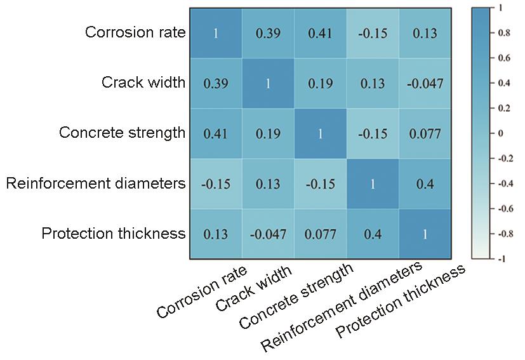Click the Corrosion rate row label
point(135,33)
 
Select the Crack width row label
point(143,83)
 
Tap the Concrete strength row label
point(122,133)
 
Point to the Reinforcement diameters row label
point(96,183)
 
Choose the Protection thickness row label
point(113,233)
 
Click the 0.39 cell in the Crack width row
point(216,83)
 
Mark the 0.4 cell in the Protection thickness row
point(372,234)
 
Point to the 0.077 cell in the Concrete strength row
point(425,133)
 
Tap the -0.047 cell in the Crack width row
point(425,83)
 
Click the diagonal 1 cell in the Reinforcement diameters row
point(372,183)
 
